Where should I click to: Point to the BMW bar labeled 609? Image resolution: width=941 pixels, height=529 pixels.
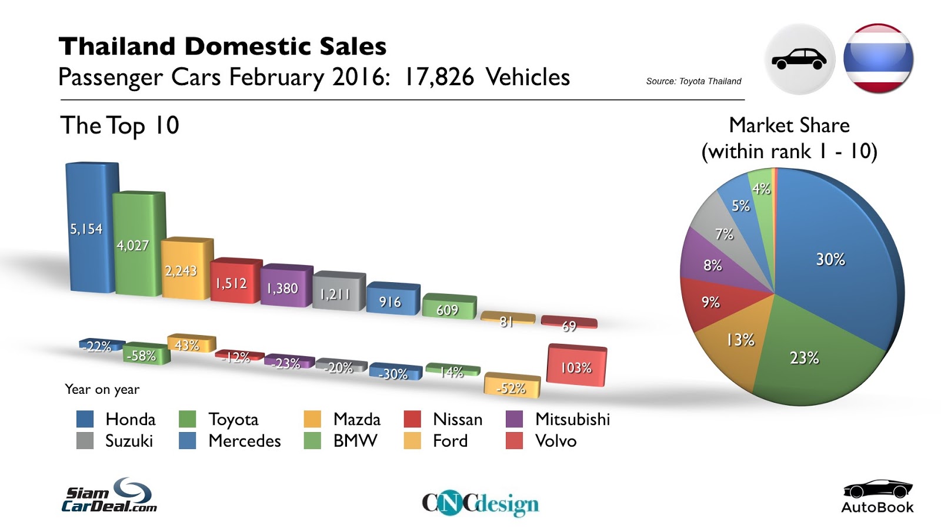pyautogui.click(x=449, y=307)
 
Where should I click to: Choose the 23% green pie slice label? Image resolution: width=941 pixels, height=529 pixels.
pyautogui.click(x=804, y=357)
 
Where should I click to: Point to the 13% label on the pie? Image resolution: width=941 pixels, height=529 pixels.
pyautogui.click(x=740, y=340)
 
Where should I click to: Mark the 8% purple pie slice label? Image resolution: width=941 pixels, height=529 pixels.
pyautogui.click(x=712, y=265)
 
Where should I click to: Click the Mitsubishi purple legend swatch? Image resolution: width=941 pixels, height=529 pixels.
pyautogui.click(x=515, y=419)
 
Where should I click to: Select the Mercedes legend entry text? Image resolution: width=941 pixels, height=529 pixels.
pyautogui.click(x=244, y=441)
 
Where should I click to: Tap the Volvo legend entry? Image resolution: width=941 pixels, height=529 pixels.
pyautogui.click(x=555, y=441)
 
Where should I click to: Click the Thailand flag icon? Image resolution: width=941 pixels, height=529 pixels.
pyautogui.click(x=878, y=59)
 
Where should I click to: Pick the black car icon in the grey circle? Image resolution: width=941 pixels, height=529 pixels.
pyautogui.click(x=799, y=59)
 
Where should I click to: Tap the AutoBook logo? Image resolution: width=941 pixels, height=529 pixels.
pyautogui.click(x=877, y=497)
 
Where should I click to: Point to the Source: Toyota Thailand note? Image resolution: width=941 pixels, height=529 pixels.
pyautogui.click(x=693, y=81)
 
